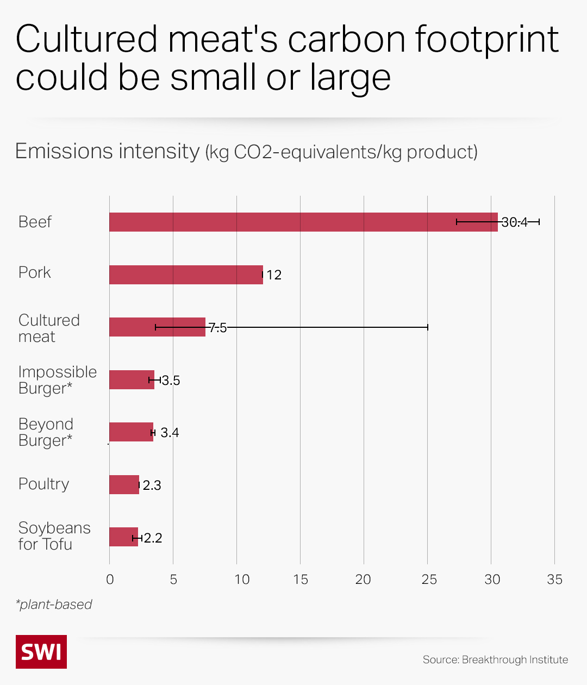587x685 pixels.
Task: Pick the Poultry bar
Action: (x=124, y=484)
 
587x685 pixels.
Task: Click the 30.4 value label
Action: (x=514, y=222)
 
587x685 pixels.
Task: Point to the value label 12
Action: (x=274, y=275)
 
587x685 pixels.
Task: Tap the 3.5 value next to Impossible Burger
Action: (x=171, y=381)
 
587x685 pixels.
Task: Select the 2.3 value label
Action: (x=152, y=485)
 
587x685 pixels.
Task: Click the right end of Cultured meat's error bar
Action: (x=428, y=327)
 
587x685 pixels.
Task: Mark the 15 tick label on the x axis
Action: (x=300, y=580)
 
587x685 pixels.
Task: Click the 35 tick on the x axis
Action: (x=554, y=580)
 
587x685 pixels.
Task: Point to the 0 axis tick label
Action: (x=110, y=580)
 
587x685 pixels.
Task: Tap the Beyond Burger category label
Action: (x=46, y=432)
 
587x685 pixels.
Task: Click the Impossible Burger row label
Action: (x=57, y=380)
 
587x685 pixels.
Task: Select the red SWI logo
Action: (x=41, y=651)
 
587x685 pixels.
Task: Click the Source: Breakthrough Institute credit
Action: (x=495, y=659)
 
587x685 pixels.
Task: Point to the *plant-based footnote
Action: (x=54, y=605)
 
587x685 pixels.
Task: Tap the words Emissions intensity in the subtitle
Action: (x=108, y=151)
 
